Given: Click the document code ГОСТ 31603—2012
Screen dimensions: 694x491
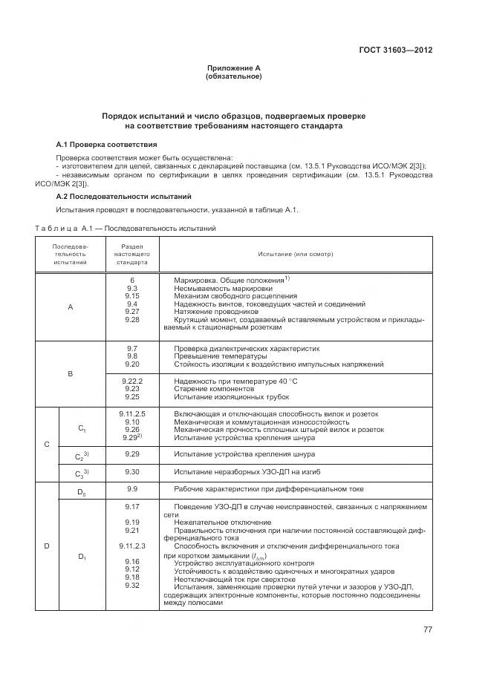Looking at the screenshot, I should [x=397, y=50].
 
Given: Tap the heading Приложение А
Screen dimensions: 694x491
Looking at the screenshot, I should [x=233, y=68].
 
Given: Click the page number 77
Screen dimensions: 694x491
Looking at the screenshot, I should [x=428, y=629].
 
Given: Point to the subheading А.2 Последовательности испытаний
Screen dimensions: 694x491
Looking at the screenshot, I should [x=124, y=197].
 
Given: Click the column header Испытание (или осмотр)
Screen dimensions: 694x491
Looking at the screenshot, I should [x=296, y=254].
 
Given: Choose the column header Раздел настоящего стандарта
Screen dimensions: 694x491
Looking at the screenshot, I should [x=132, y=254].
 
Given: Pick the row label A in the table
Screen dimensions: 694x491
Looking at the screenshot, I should [x=71, y=307].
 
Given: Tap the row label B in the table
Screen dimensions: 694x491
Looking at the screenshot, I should [x=71, y=373].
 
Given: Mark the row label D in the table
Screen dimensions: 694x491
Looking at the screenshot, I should [x=47, y=546].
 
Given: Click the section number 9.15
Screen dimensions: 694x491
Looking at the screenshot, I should [x=132, y=295].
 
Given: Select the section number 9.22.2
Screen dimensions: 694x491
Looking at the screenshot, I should [x=132, y=381].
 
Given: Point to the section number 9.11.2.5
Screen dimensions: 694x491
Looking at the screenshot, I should [x=132, y=413].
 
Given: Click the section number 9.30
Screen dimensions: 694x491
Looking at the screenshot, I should [x=132, y=471].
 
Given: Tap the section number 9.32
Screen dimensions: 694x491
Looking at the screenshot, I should [x=132, y=586].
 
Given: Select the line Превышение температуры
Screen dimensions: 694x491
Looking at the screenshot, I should [x=216, y=356].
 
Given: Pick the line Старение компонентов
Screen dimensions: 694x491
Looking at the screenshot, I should [x=215, y=389].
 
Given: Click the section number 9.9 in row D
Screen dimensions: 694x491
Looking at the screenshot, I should [x=132, y=489].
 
